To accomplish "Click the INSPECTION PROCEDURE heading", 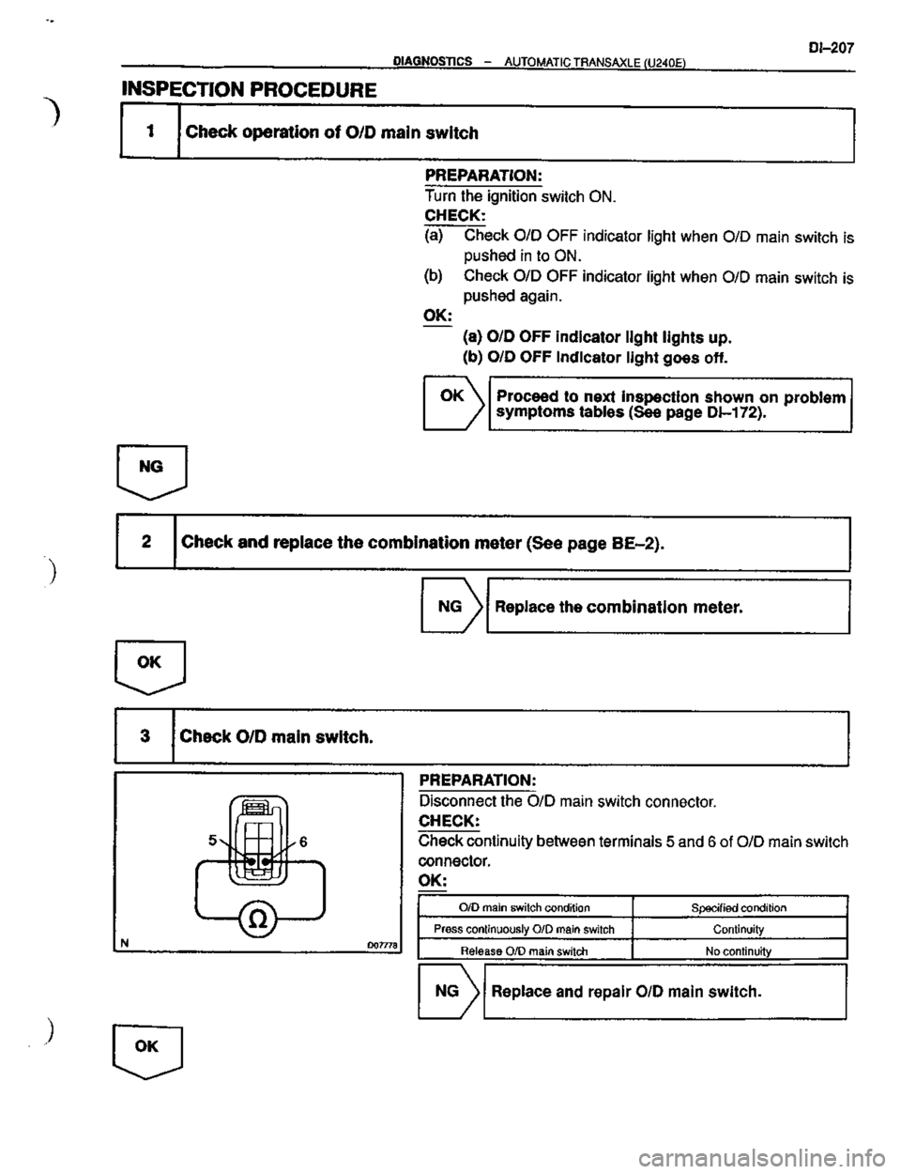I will click(x=250, y=90).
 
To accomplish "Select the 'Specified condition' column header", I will click(x=741, y=907).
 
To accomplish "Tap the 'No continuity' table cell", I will click(x=741, y=950).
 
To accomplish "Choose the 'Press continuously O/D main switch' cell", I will click(x=527, y=929).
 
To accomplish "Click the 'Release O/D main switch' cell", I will click(x=527, y=950).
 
